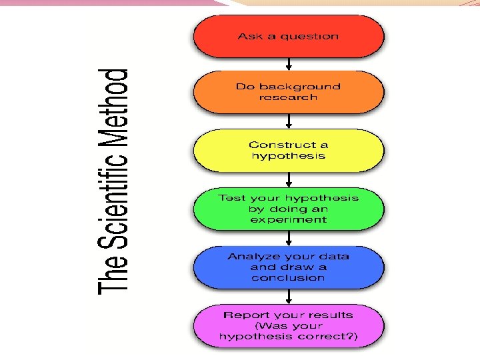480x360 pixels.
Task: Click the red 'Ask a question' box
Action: click(x=288, y=36)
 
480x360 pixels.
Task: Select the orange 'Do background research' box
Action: click(x=288, y=92)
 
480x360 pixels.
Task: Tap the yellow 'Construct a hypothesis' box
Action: click(x=288, y=150)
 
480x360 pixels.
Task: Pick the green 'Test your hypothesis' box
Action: click(x=288, y=209)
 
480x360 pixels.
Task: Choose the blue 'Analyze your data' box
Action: click(x=288, y=267)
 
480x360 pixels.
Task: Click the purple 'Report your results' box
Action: click(x=288, y=326)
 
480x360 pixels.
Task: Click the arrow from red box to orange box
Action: click(x=289, y=64)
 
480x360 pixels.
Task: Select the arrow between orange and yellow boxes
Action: click(x=289, y=121)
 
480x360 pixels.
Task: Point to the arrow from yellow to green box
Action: click(x=289, y=179)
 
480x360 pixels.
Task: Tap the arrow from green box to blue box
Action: click(x=289, y=238)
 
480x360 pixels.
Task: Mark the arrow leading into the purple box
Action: click(x=289, y=296)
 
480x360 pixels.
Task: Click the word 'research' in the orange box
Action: click(x=288, y=97)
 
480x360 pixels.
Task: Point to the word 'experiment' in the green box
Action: click(x=288, y=219)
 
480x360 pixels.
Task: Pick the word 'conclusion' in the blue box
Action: click(x=288, y=277)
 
